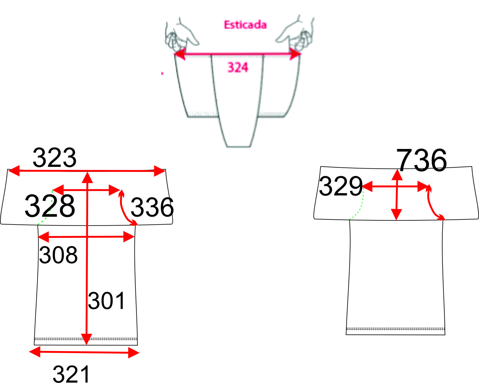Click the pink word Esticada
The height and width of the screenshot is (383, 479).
click(x=245, y=25)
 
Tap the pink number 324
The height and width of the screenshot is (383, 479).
click(x=238, y=67)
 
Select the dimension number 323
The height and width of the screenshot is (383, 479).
click(x=54, y=158)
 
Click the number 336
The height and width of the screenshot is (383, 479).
click(x=152, y=207)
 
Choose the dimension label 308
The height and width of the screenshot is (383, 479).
click(x=58, y=255)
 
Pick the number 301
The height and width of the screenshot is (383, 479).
click(x=106, y=301)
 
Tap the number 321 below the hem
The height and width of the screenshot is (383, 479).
click(x=71, y=374)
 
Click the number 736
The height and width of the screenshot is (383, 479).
click(x=421, y=160)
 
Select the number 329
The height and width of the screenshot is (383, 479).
click(x=341, y=186)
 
